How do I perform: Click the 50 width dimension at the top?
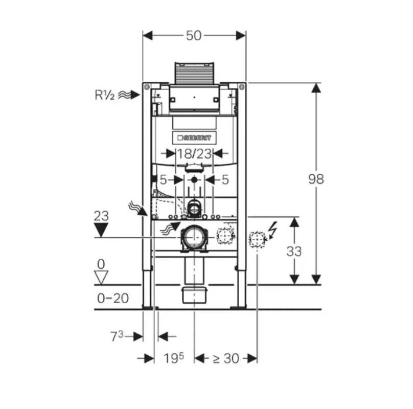pyautogui.click(x=194, y=36)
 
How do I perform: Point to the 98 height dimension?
pyautogui.click(x=316, y=179)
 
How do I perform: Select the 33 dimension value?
pyautogui.click(x=294, y=251)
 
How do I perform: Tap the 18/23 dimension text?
pyautogui.click(x=194, y=154)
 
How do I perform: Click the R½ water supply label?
pyautogui.click(x=105, y=95)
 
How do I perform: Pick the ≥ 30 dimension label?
pyautogui.click(x=226, y=358)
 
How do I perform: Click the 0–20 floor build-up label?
pyautogui.click(x=113, y=299)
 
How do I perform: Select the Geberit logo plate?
pyautogui.click(x=194, y=138)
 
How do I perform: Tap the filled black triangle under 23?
pyautogui.click(x=101, y=230)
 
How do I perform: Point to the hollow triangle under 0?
pyautogui.click(x=101, y=278)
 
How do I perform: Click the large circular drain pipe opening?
pyautogui.click(x=194, y=237)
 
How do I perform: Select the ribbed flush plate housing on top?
pyautogui.click(x=194, y=74)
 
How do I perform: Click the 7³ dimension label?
pyautogui.click(x=117, y=336)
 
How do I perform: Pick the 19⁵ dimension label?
pyautogui.click(x=174, y=358)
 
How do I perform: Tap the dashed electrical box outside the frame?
pyautogui.click(x=257, y=239)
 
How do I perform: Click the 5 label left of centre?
pyautogui.click(x=163, y=180)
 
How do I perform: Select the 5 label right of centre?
pyautogui.click(x=225, y=180)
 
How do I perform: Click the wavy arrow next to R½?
pyautogui.click(x=128, y=95)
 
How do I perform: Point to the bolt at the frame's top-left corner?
pyautogui.click(x=147, y=86)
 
